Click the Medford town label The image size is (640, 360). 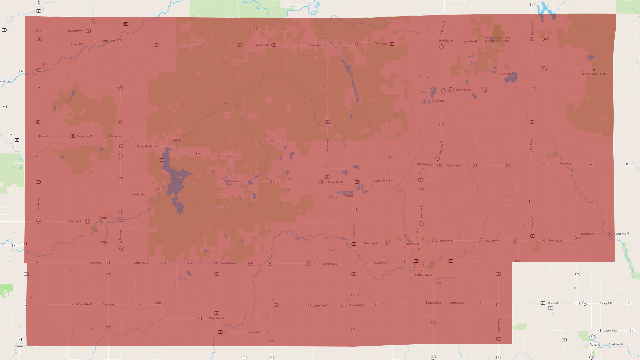point(412,244)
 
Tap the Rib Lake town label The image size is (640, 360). point(506,74)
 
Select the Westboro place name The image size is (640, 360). point(445,40)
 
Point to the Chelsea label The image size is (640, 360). point(438,100)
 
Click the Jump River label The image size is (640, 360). point(107,41)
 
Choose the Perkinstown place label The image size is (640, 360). point(232,181)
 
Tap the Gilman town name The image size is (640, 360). point(103,218)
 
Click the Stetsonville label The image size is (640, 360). point(433,303)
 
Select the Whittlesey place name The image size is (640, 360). point(424,164)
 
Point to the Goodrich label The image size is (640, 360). point(587,234)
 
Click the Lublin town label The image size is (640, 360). point(159,303)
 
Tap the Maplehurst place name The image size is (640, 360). point(216,318)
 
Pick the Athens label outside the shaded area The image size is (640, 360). point(594,344)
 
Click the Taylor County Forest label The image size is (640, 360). point(594,74)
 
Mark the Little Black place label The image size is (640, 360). point(423,275)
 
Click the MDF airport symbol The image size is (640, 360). point(439,279)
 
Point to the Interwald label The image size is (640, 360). point(566,163)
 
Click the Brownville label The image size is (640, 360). point(19,346)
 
